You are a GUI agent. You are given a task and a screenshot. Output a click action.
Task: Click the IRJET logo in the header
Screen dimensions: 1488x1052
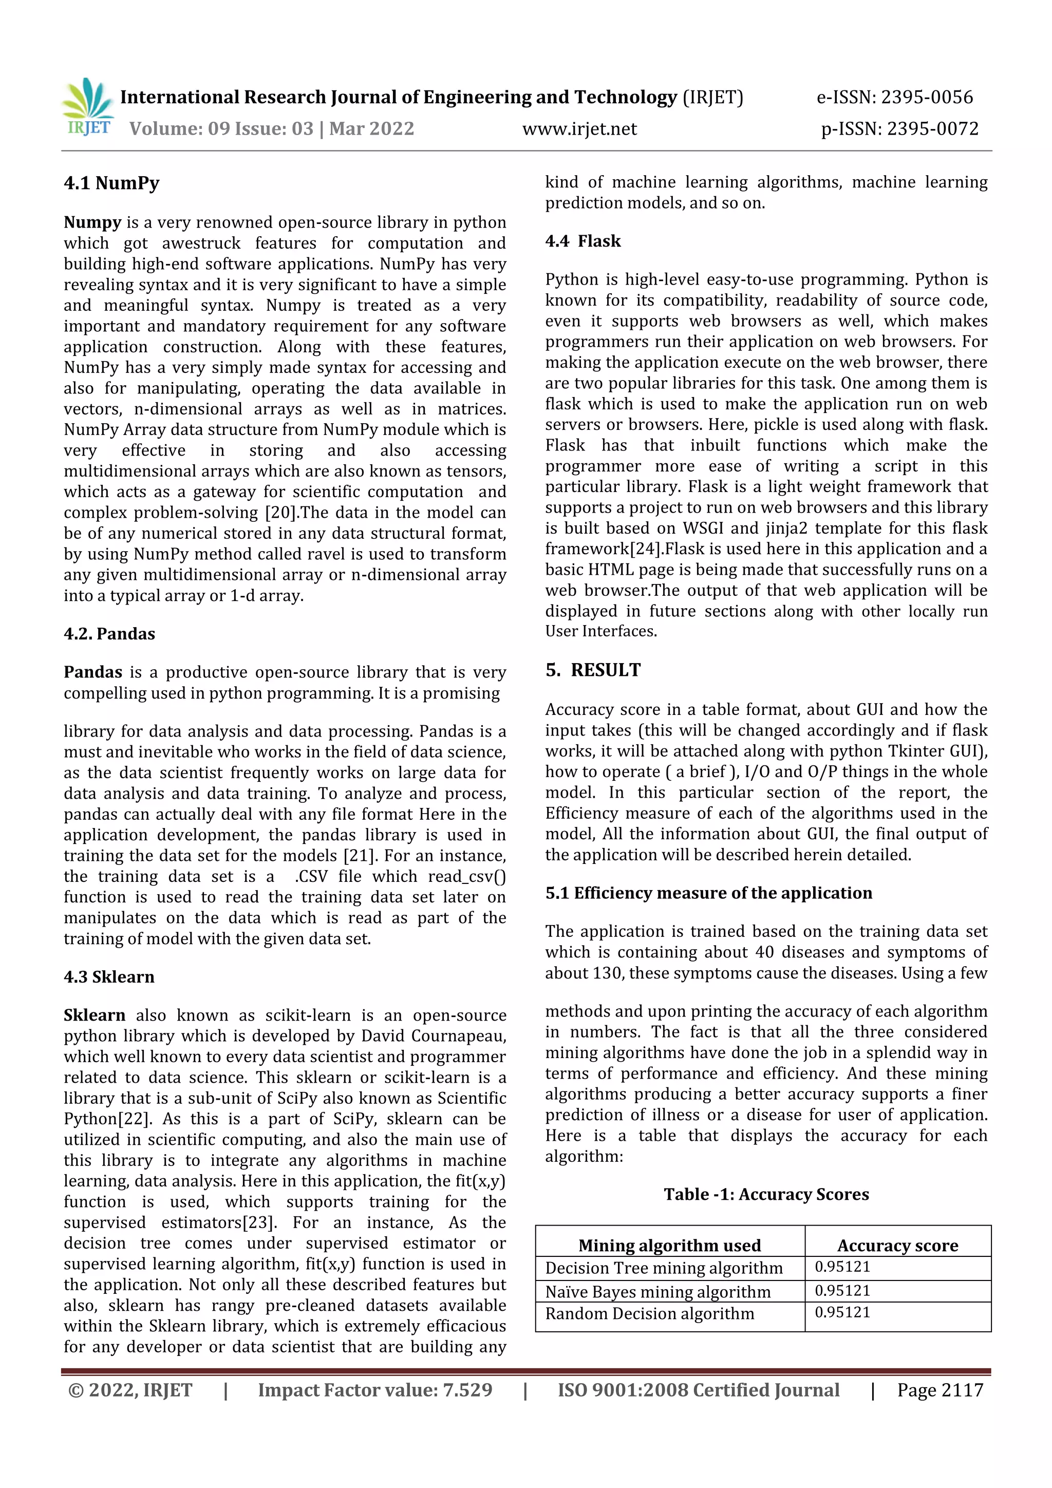pos(88,107)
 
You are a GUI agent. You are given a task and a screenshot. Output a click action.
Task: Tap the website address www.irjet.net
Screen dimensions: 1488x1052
pos(579,128)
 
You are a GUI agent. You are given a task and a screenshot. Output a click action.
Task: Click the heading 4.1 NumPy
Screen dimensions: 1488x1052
pos(111,183)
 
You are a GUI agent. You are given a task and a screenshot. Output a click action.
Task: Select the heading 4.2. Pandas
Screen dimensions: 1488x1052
pos(109,633)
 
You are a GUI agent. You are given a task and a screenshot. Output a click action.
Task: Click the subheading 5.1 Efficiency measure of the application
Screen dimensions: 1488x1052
pos(708,893)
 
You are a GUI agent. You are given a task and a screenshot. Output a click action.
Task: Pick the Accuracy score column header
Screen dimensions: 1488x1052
pos(897,1245)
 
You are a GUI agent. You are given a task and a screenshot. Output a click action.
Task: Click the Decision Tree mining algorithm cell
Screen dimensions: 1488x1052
pos(664,1268)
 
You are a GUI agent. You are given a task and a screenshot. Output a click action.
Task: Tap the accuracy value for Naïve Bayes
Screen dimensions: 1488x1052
pos(842,1290)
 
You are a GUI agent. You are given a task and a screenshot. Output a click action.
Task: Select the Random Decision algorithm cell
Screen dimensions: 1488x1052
pos(649,1314)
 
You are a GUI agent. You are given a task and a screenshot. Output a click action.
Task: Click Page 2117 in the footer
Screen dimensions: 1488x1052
pos(940,1390)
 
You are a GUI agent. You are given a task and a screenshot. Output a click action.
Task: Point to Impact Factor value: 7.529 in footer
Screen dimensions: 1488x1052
pos(374,1390)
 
